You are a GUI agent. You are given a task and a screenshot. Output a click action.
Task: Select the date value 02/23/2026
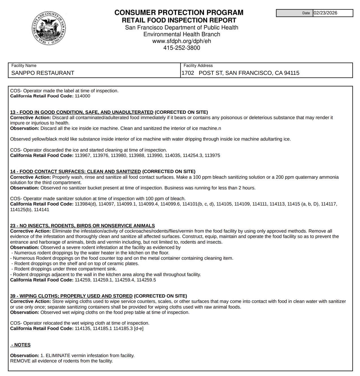click(x=325, y=13)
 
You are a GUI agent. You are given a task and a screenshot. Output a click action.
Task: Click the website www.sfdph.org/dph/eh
click(x=181, y=41)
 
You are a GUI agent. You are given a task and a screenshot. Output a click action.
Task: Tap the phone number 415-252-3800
click(x=181, y=48)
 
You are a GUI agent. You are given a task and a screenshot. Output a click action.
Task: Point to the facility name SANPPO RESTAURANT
click(x=43, y=73)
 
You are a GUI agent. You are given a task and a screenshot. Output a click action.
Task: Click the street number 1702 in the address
click(x=188, y=73)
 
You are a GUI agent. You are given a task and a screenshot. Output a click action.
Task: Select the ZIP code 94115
click(x=292, y=73)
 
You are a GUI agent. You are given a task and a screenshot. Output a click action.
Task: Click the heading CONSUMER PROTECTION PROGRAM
click(x=179, y=13)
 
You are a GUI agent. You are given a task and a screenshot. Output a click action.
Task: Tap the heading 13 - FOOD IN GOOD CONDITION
click(x=82, y=112)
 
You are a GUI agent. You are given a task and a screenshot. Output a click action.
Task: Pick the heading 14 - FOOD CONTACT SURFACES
click(x=75, y=172)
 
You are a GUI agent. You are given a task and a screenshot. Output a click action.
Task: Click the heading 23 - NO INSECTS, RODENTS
click(x=83, y=226)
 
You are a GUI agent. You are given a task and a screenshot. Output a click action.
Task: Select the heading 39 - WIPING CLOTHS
click(x=71, y=296)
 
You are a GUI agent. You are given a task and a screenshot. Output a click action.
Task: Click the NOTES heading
click(x=21, y=345)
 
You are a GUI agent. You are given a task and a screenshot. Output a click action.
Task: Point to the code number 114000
click(x=83, y=96)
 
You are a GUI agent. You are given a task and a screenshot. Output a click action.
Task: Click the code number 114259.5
click(x=146, y=280)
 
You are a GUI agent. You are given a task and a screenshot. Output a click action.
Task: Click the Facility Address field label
click(x=198, y=66)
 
